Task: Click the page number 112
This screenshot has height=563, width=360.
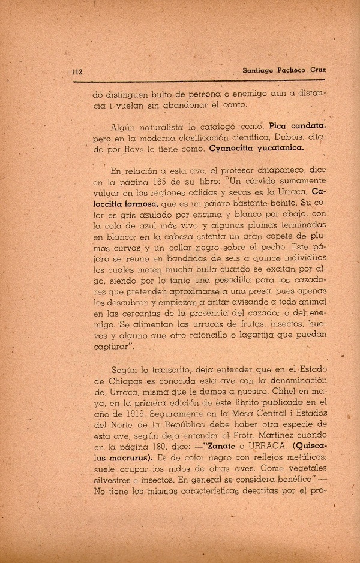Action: (77, 71)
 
